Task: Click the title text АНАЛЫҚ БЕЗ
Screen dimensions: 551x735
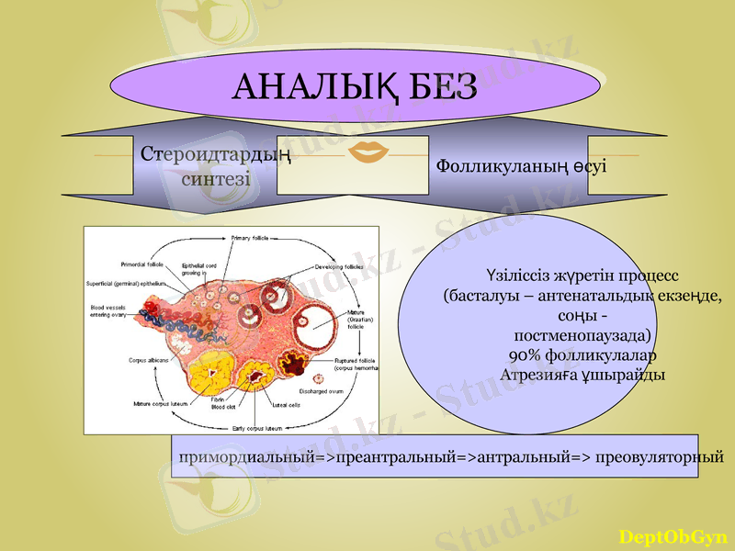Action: tap(356, 86)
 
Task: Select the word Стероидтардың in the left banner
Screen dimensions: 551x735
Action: tap(216, 154)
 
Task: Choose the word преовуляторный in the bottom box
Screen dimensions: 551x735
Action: tap(659, 456)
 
